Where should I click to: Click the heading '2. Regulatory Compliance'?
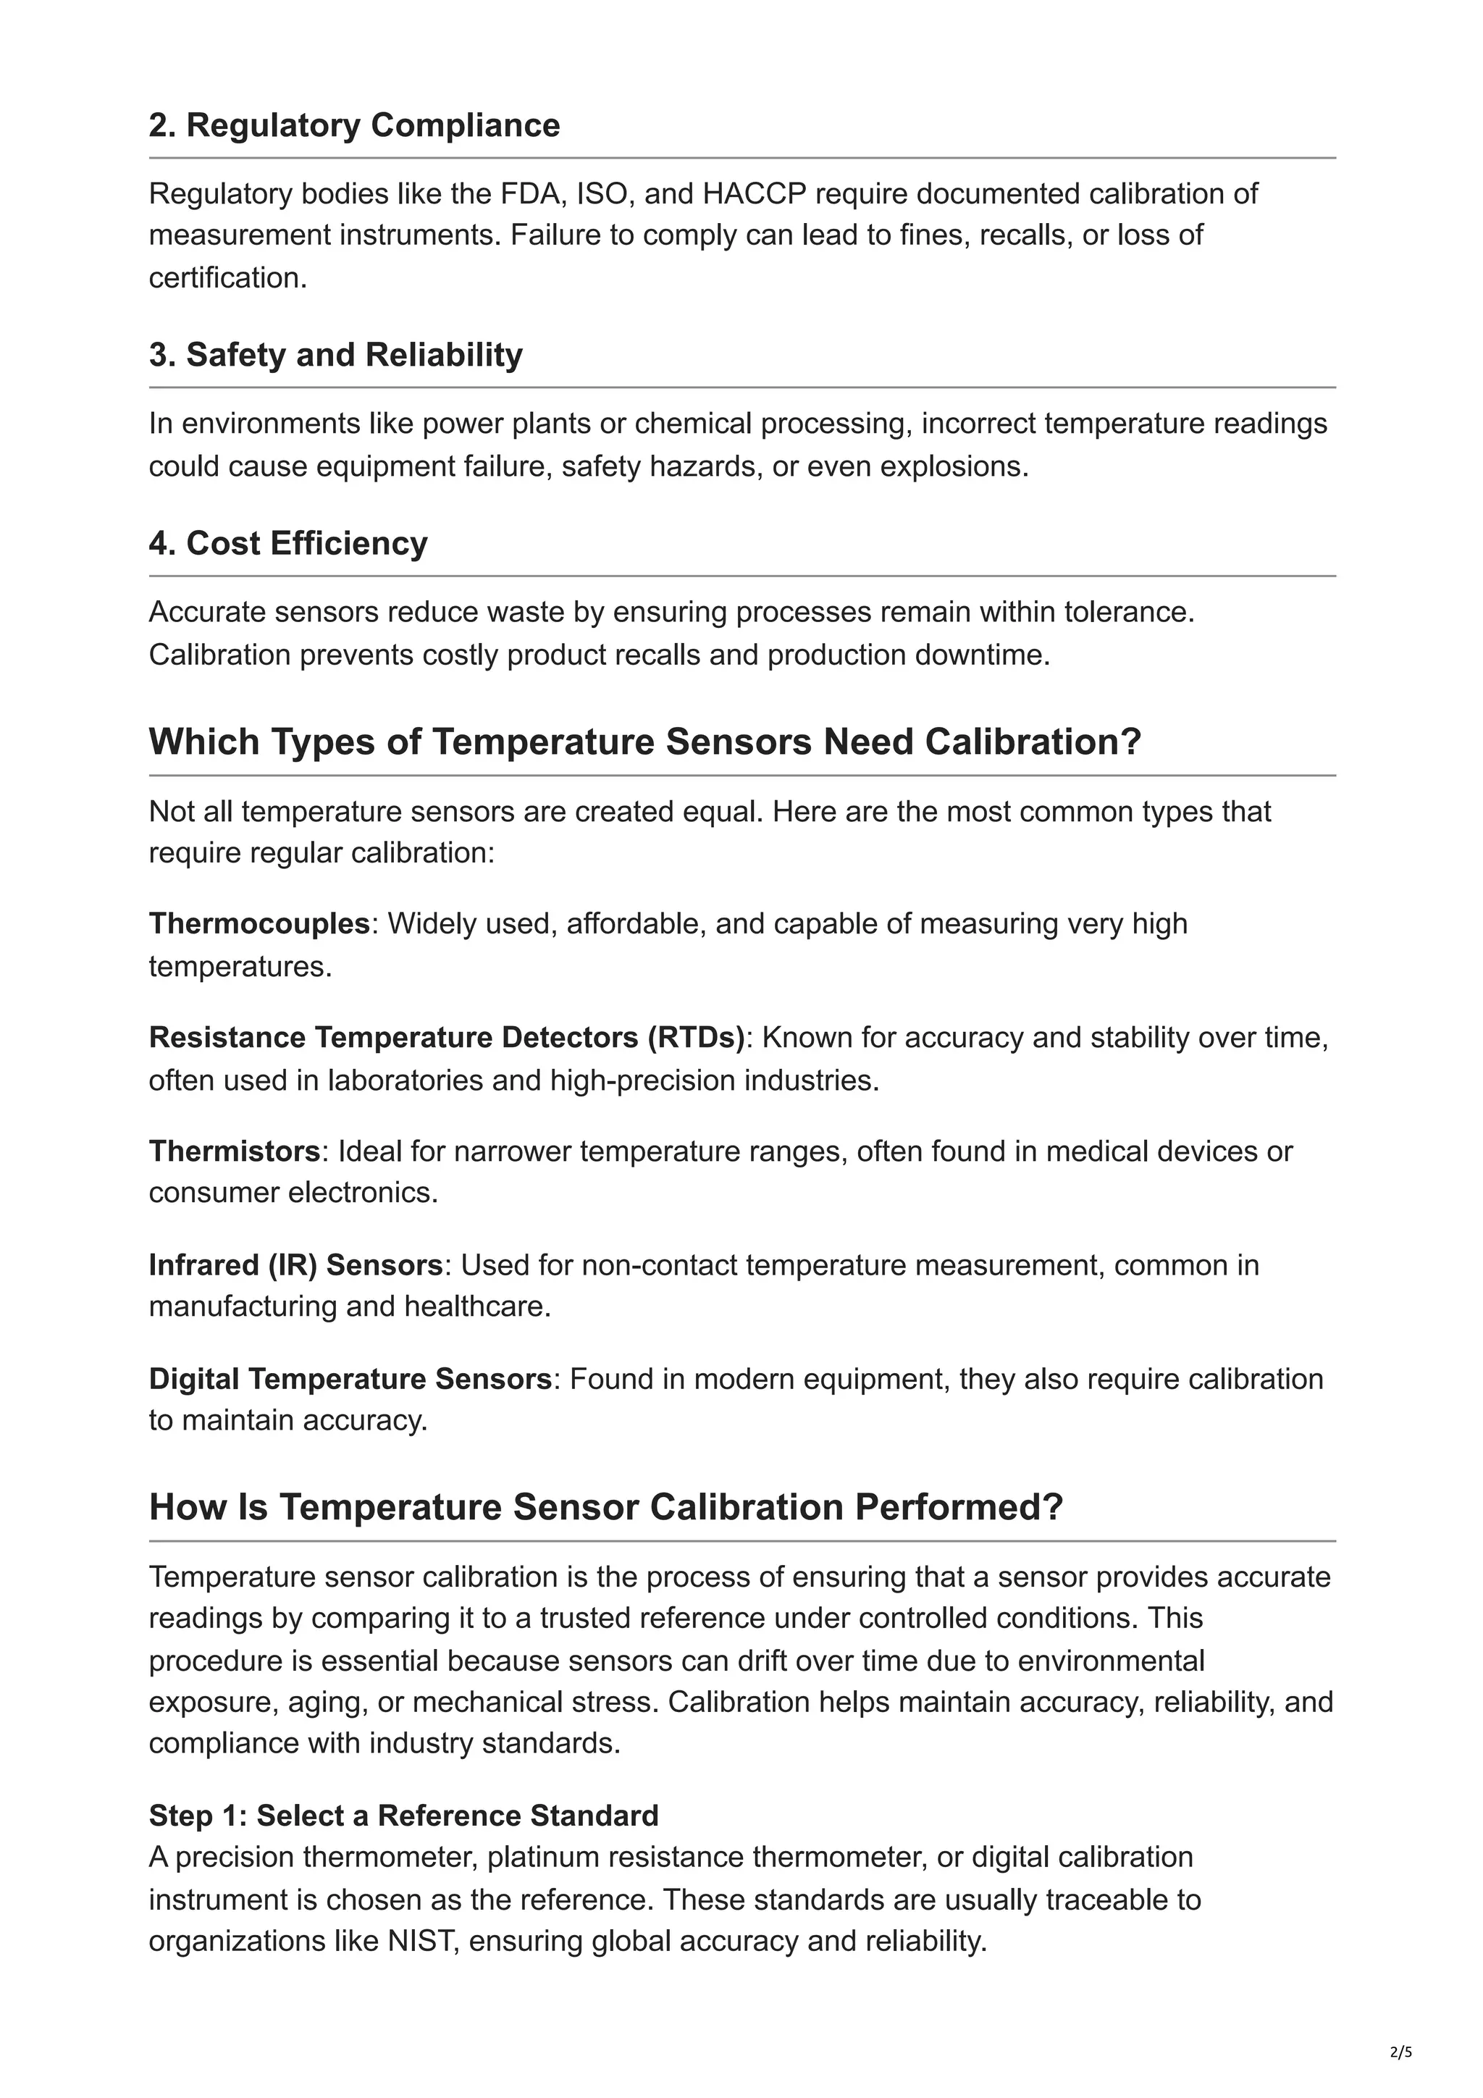[x=355, y=125]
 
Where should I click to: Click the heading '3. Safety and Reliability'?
[x=335, y=355]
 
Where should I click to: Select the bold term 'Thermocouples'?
[x=259, y=924]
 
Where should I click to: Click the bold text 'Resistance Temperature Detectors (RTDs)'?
[x=447, y=1038]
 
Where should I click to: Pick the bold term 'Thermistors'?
[x=235, y=1151]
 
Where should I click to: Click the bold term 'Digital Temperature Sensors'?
[x=350, y=1379]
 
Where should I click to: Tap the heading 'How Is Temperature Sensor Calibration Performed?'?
[x=606, y=1507]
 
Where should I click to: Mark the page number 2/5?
[x=1400, y=2052]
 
